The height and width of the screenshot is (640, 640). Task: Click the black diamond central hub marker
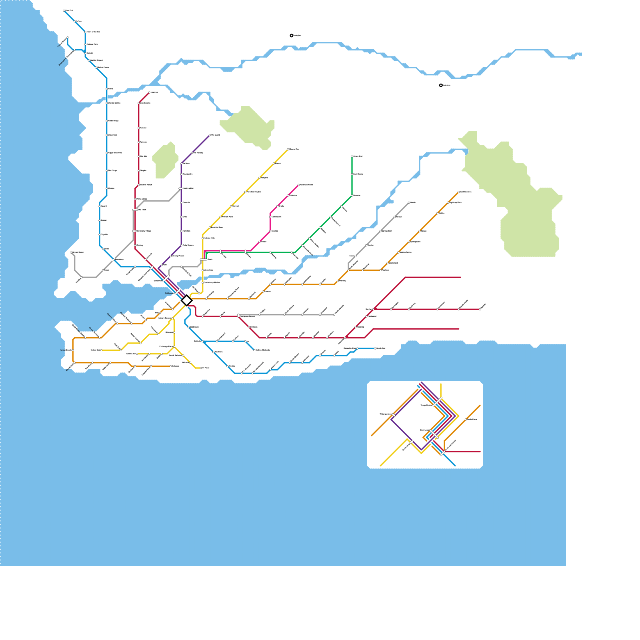[186, 300]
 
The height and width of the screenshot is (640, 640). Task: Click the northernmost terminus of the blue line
[64, 11]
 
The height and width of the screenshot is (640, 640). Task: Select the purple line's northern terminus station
[210, 135]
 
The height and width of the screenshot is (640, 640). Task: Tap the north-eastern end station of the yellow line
[288, 149]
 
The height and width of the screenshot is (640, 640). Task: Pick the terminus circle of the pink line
[299, 185]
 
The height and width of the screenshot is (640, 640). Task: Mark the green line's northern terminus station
[352, 156]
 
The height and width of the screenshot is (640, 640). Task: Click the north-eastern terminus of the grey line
[409, 203]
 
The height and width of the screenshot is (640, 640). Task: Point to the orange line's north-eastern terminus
[459, 192]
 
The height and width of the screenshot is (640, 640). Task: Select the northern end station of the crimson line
[149, 92]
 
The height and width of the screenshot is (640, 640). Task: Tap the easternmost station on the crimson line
[480, 309]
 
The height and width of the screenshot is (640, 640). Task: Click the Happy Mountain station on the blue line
[107, 153]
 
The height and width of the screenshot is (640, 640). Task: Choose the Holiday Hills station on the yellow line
[203, 238]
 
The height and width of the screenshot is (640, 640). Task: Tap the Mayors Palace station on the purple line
[171, 256]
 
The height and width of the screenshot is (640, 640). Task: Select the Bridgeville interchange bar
[177, 292]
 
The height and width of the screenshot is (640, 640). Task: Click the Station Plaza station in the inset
[466, 419]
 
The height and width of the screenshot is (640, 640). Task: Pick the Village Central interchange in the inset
[437, 402]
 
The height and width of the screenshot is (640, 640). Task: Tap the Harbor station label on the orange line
[66, 350]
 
